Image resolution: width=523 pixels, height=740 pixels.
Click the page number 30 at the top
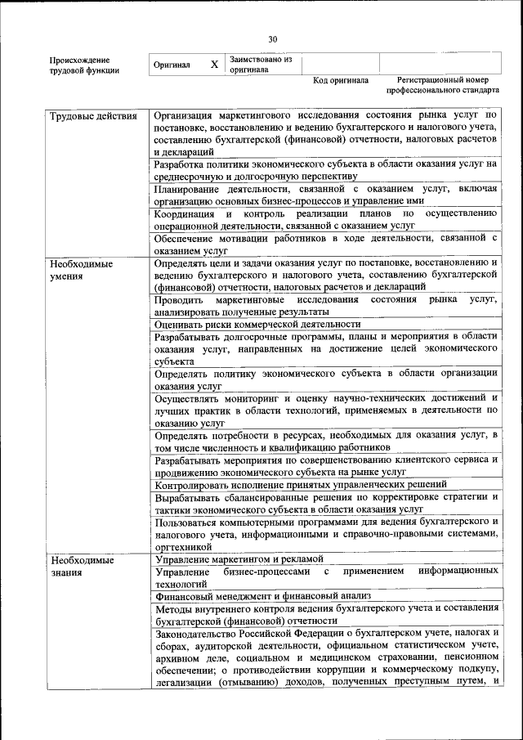(x=273, y=38)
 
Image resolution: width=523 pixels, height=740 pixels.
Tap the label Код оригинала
(x=341, y=81)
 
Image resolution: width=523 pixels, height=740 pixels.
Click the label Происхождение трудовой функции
(x=84, y=65)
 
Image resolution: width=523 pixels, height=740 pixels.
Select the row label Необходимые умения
(x=82, y=270)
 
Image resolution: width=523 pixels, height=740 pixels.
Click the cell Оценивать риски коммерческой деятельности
(x=257, y=324)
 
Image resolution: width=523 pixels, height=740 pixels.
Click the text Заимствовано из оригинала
(x=260, y=65)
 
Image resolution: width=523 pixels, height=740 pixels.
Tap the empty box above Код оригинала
(x=342, y=64)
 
